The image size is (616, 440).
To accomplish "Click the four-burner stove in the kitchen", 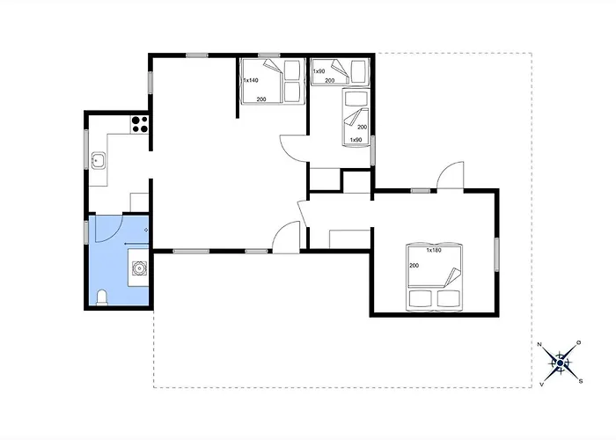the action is [139, 124].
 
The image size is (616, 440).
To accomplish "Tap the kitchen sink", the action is [99, 160].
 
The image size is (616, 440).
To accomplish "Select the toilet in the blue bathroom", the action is [102, 297].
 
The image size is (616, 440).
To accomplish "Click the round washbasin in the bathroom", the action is [139, 268].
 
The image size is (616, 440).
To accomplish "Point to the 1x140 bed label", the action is [251, 81].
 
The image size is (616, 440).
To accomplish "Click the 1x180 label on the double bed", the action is [434, 250].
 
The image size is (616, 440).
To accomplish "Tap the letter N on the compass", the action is [539, 345].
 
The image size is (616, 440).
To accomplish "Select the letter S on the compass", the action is [581, 381].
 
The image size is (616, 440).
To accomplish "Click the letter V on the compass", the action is [541, 385].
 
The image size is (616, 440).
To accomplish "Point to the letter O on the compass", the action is [579, 342].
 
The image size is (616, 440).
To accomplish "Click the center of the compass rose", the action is [561, 363].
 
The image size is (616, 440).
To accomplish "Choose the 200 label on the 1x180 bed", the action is [414, 266].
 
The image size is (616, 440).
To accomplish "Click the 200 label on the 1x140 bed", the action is [261, 99].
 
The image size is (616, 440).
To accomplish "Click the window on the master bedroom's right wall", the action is [496, 254].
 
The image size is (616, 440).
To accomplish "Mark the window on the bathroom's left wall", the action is [86, 232].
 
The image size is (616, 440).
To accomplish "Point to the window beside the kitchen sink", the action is [86, 150].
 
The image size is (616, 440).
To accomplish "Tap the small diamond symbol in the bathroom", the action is [146, 230].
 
